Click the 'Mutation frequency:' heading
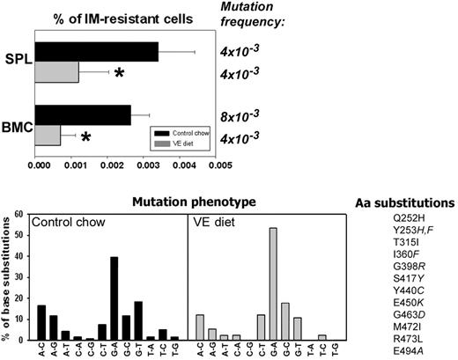click(244, 12)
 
